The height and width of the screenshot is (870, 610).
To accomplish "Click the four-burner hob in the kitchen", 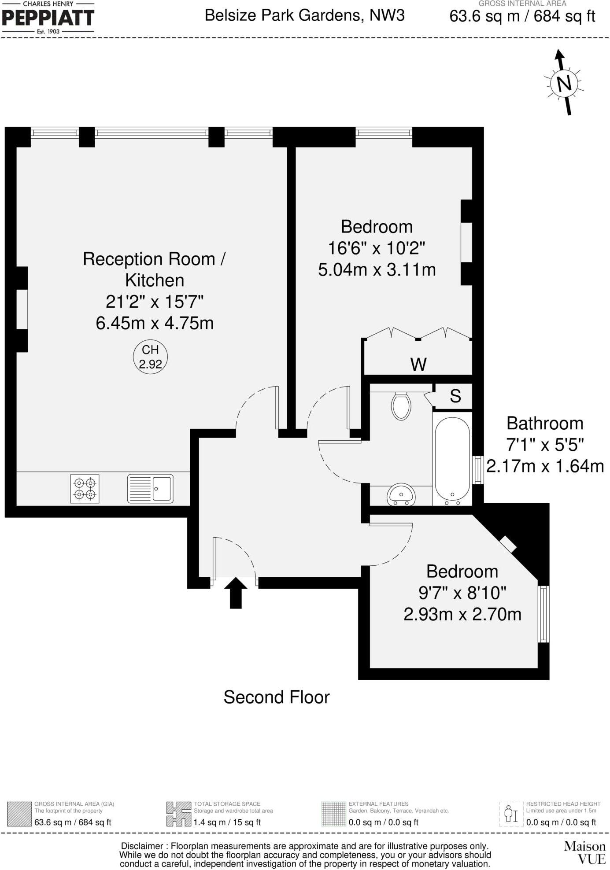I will tap(85, 489).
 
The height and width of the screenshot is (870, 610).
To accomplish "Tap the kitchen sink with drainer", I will tap(150, 489).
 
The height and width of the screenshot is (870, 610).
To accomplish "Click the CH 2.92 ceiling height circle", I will tap(150, 357).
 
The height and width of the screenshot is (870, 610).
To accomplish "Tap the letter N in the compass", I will tap(564, 83).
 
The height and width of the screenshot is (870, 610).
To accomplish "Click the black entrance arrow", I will tap(236, 593).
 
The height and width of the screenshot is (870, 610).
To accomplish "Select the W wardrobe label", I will tap(418, 365).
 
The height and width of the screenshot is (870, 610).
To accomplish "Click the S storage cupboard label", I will tap(455, 396).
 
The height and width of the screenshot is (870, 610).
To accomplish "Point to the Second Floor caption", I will tap(277, 697).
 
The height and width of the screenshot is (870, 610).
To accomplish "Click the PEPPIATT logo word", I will tap(48, 18).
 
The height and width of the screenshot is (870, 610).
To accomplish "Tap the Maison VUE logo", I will tap(585, 852).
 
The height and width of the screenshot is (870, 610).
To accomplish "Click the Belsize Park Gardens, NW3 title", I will tap(305, 15).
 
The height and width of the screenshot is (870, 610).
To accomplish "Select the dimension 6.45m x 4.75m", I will tap(155, 323).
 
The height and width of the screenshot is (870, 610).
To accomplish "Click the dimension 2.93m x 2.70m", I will tap(462, 614).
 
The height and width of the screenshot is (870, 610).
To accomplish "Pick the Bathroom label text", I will tap(545, 423).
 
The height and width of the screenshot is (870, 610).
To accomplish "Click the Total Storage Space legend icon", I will tap(175, 814).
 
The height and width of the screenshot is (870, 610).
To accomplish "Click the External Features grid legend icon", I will tap(333, 814).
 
